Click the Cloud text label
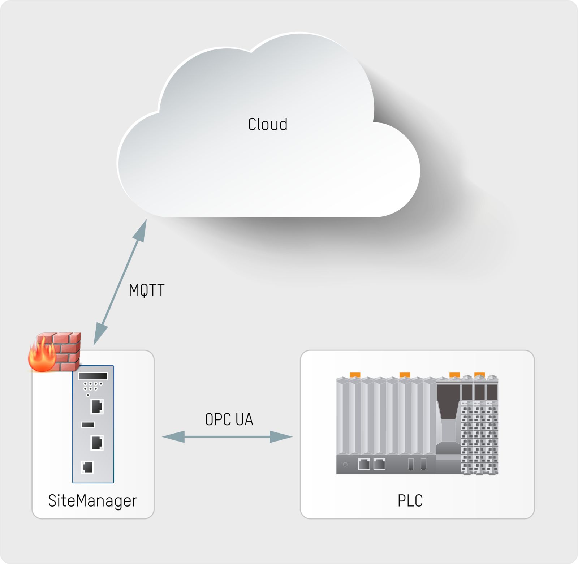(x=267, y=125)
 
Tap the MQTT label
(x=147, y=290)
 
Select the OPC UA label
(x=229, y=419)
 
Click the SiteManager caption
(x=92, y=501)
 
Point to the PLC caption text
(x=410, y=501)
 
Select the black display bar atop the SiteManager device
(x=93, y=376)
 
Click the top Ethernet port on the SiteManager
(x=97, y=406)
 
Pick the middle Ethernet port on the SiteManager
(x=97, y=443)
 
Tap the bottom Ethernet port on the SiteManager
(x=87, y=467)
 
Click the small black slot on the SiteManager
(x=88, y=425)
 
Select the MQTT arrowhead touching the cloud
(x=141, y=232)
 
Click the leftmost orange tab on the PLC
(x=355, y=375)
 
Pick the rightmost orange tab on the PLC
(x=479, y=375)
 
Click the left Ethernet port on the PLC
(x=364, y=464)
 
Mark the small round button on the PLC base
(x=345, y=465)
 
